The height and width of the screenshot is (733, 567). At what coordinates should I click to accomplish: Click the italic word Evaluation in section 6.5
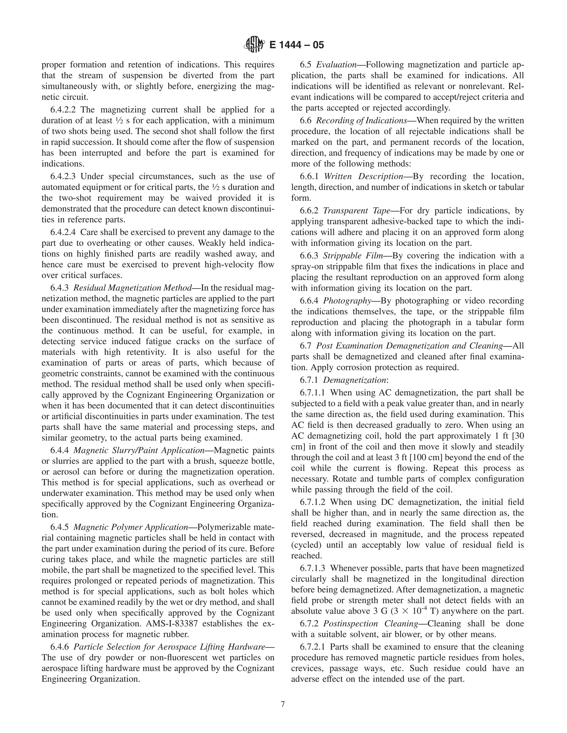336,64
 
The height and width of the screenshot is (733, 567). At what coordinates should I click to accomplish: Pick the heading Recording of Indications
361,121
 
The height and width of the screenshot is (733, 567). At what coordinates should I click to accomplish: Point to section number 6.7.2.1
313,647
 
